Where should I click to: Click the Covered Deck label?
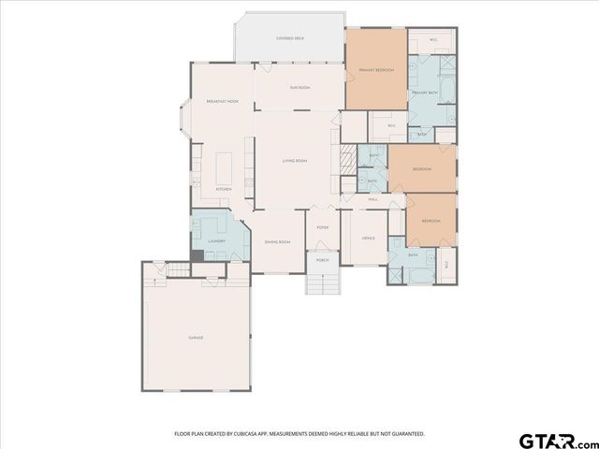[289, 38]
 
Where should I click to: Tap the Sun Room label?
[299, 88]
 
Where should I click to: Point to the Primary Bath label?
[426, 93]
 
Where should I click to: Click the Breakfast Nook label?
[222, 100]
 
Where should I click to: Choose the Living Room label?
[295, 161]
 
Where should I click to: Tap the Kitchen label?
[224, 189]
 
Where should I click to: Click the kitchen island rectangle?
[226, 168]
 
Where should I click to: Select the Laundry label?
[217, 241]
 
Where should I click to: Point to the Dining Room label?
[278, 242]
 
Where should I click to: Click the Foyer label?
[322, 227]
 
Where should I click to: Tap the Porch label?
[322, 259]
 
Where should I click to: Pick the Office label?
[368, 239]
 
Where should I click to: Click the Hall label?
[372, 199]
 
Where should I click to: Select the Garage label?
[196, 338]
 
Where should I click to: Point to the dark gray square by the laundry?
[197, 255]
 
